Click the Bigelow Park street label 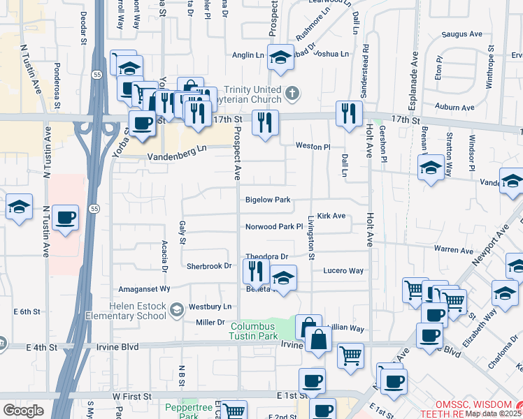pos(267,200)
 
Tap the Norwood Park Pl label pos(273,227)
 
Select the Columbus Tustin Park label pos(259,330)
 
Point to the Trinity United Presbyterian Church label pos(252,97)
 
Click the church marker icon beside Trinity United pos(293,91)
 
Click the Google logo pos(23,411)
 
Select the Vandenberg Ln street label pos(178,149)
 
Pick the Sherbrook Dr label pos(208,266)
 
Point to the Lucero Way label pos(343,271)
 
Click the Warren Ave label pos(453,250)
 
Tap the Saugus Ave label pos(463,34)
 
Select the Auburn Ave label pos(455,108)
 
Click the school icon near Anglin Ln pos(280,58)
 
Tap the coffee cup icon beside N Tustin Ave pos(65,218)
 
